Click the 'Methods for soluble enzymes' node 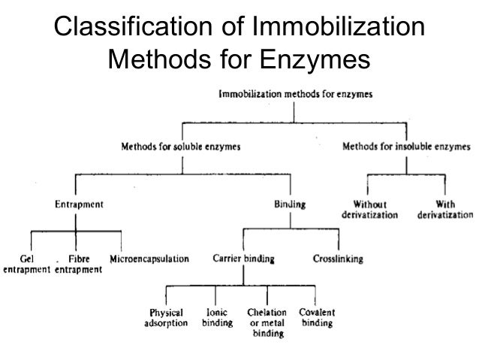coord(181,147)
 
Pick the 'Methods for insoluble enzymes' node coord(407,147)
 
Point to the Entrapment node coord(79,204)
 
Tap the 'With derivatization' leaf coord(444,209)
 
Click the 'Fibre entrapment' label coord(79,264)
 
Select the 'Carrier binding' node coord(243,259)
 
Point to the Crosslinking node coord(338,259)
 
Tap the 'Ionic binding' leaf coord(216,318)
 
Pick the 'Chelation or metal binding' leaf coord(266,323)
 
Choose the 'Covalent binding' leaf coord(317,318)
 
